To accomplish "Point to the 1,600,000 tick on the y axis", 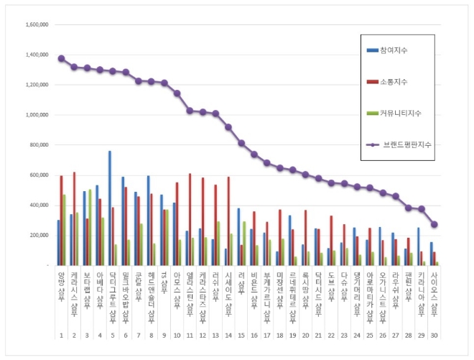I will coord(36,24).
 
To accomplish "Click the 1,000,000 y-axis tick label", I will coord(36,115).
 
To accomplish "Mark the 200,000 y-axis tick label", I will coord(38,236).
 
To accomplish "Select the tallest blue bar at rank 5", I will coord(110,208).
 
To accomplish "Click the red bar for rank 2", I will coord(74,219).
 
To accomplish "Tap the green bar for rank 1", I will coord(65,230).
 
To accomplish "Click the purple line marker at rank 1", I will coord(61,58).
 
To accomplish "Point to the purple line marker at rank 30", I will coord(434,224).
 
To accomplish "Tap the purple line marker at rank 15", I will coord(241,143).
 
